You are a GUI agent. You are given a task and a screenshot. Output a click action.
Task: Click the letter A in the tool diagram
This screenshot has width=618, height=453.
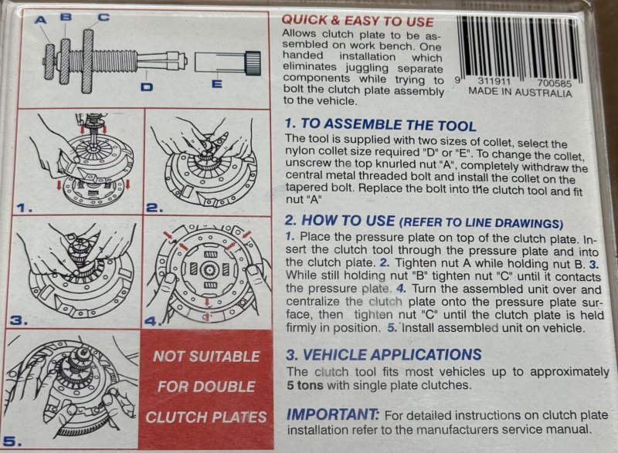click(41, 19)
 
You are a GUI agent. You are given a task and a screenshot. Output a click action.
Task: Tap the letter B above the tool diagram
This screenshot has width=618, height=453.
click(66, 16)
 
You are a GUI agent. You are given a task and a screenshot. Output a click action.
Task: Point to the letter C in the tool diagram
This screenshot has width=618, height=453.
click(104, 17)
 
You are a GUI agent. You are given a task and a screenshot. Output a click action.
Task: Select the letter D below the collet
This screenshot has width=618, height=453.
click(147, 86)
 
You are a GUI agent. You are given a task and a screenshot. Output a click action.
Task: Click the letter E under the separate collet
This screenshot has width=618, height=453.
click(217, 84)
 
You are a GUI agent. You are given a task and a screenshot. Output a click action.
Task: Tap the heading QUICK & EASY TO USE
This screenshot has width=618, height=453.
click(358, 21)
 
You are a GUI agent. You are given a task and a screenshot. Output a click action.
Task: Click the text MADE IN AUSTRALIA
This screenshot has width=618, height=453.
click(520, 93)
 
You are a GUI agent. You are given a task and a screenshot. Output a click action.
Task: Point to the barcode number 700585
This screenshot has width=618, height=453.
click(554, 83)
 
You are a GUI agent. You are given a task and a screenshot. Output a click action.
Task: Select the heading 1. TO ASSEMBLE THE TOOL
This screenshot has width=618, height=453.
click(380, 124)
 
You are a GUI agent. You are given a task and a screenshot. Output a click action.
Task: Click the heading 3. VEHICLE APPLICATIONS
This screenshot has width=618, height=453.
click(384, 355)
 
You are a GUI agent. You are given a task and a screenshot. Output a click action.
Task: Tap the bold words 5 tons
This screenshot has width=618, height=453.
click(305, 385)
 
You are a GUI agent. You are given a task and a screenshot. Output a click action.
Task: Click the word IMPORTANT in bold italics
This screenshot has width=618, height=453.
click(333, 414)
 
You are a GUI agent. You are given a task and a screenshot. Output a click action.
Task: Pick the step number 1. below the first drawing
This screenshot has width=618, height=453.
click(25, 208)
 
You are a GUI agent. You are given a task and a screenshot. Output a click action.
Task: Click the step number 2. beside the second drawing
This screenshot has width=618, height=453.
click(154, 208)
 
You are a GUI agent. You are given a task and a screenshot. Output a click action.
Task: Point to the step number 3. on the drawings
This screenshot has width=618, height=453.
click(19, 321)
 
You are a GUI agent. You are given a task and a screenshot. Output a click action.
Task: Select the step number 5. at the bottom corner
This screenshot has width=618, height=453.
click(12, 441)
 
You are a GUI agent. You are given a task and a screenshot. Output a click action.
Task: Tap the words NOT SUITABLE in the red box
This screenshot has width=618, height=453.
click(206, 357)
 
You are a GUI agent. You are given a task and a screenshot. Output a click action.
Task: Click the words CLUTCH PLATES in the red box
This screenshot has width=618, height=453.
click(206, 418)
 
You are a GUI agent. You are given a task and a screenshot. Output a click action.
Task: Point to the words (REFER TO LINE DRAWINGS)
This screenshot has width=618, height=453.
click(480, 223)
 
